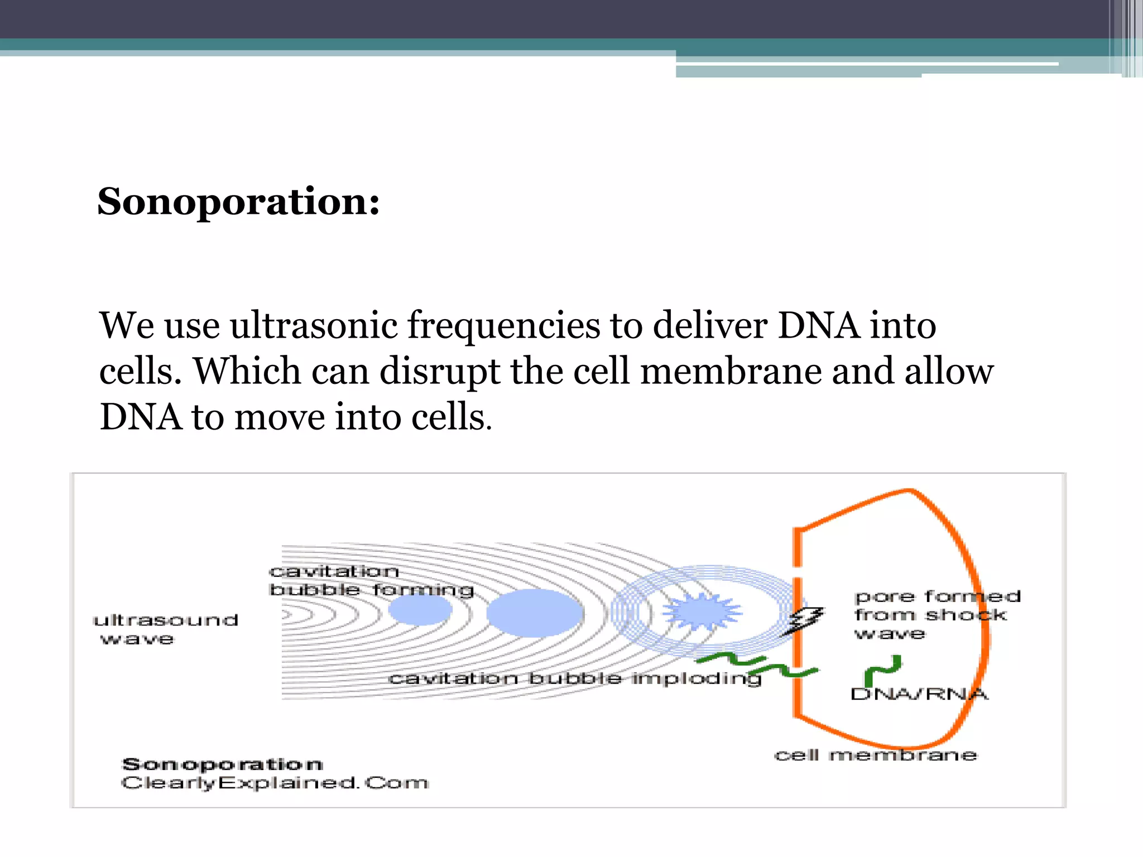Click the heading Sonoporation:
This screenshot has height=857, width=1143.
tap(238, 201)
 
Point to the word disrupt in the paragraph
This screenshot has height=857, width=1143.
tap(439, 372)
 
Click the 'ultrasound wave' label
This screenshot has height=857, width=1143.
tap(165, 629)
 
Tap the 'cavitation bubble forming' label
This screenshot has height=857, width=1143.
tap(371, 580)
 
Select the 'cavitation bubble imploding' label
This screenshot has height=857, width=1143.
tap(575, 678)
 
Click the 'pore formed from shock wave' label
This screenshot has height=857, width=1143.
tap(937, 615)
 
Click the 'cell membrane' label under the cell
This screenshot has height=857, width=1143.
tap(875, 755)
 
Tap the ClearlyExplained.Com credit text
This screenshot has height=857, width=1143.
tap(275, 783)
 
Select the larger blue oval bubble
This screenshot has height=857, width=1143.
tap(535, 613)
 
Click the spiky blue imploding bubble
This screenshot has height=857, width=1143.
tap(702, 612)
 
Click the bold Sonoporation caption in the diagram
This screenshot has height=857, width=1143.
tap(222, 764)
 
